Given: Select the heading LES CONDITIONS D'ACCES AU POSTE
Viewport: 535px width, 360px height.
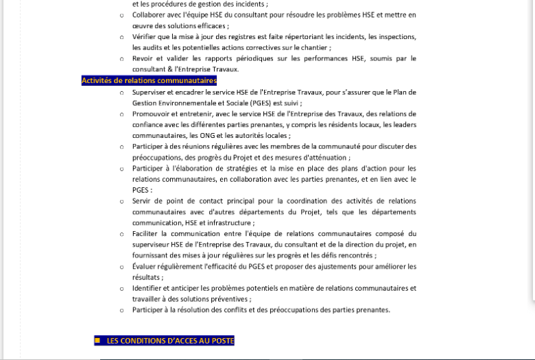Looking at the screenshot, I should coord(170,340).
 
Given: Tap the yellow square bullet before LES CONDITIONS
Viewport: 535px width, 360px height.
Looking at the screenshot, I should coord(97,340).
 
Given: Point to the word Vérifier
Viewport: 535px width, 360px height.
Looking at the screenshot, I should coord(146,36).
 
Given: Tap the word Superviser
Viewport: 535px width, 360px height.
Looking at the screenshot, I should coord(150,91).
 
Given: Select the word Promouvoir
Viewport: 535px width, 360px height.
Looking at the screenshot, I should coord(152,113).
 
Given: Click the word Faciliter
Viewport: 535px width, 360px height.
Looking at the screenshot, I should coord(147,234).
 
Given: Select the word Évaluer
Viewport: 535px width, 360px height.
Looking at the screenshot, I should coord(146,266).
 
